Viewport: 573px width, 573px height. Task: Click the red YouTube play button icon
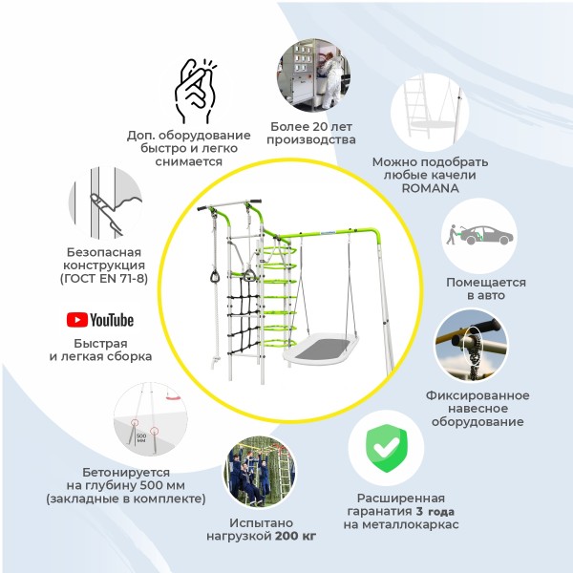(77, 320)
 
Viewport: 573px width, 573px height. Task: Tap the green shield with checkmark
(386, 449)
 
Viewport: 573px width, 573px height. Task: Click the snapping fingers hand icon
(195, 91)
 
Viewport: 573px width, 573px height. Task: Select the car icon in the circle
(486, 236)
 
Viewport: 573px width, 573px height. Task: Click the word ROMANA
(430, 188)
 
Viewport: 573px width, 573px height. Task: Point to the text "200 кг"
(296, 536)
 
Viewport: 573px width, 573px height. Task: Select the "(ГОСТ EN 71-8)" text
(104, 279)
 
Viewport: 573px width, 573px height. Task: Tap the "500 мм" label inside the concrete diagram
(141, 438)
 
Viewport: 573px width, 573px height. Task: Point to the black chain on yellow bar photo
(471, 346)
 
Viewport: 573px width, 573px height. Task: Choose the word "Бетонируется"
(126, 473)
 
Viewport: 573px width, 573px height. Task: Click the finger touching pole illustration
(105, 203)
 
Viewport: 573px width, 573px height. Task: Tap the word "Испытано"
(262, 523)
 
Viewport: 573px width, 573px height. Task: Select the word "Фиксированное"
(477, 395)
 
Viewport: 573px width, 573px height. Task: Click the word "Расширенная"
(401, 499)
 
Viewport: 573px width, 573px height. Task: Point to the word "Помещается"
(486, 283)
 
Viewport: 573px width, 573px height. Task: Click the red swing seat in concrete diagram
(173, 395)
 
